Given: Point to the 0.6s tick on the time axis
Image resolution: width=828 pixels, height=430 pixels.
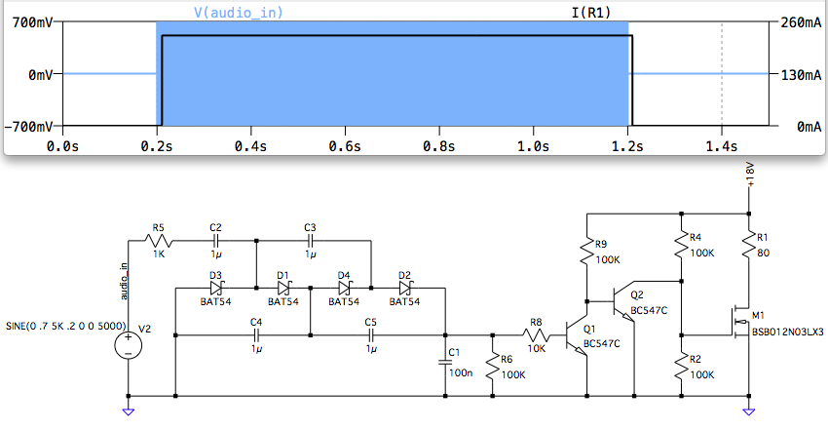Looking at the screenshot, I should point(345,146).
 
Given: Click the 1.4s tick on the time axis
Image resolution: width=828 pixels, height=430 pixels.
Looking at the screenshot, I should point(721,146).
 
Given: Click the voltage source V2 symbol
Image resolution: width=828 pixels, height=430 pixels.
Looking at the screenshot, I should point(128,344).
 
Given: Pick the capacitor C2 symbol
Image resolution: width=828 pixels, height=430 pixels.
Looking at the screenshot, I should point(216,241).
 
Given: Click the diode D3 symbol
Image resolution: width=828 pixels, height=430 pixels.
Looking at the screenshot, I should point(216,289).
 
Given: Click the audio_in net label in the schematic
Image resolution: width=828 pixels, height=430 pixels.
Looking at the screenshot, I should point(123,279).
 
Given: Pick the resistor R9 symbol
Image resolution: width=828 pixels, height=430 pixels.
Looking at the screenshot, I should point(586,254).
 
